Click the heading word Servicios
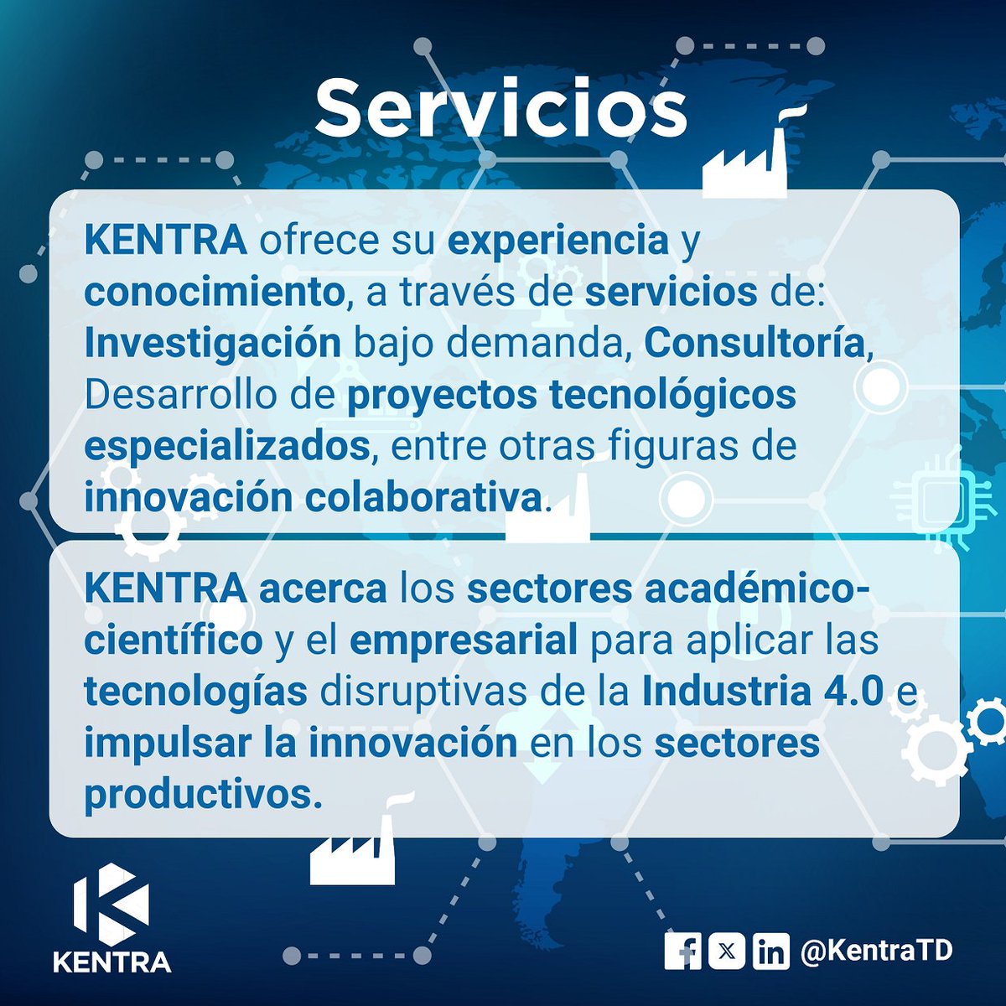(x=500, y=109)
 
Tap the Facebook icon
(x=683, y=951)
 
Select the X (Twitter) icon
(x=727, y=951)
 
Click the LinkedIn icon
(x=770, y=951)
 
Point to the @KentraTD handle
(x=876, y=951)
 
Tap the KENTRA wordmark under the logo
(x=111, y=961)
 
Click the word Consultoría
(x=754, y=344)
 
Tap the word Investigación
(x=212, y=344)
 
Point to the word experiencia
(x=557, y=241)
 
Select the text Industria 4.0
(x=763, y=692)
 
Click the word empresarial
(x=464, y=641)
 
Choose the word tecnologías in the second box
(x=195, y=692)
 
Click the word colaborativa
(x=423, y=497)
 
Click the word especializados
(x=226, y=446)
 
